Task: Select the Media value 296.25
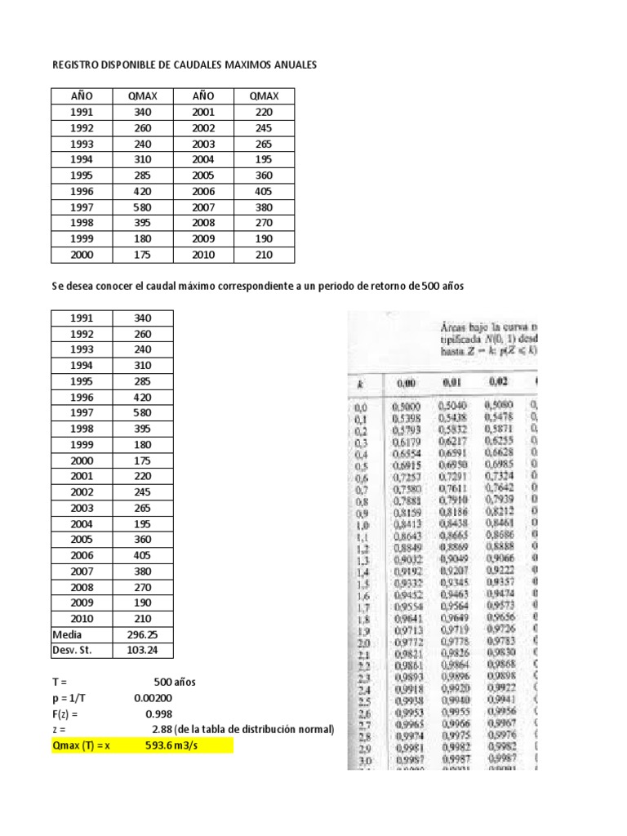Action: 142,634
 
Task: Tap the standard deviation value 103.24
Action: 142,650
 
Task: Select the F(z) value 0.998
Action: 159,714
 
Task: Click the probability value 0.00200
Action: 153,698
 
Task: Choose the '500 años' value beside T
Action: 175,682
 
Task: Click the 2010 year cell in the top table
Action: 203,255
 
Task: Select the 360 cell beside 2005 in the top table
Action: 264,176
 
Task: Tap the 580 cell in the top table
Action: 142,207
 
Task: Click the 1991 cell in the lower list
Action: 82,318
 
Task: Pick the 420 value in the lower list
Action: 142,397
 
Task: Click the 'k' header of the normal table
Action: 361,383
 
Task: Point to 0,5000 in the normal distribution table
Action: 406,406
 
